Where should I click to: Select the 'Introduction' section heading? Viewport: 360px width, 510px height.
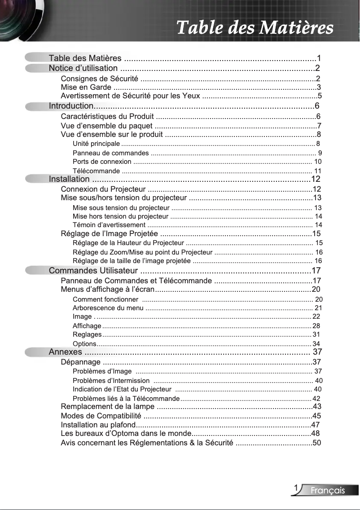(71, 106)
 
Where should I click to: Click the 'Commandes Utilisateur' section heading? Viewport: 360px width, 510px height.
(93, 271)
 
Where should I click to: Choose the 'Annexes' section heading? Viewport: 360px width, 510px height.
(66, 352)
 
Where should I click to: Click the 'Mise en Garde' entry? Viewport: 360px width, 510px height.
(86, 87)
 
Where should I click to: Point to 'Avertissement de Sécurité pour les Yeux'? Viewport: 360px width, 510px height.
(130, 96)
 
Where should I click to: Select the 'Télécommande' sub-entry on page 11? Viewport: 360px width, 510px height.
(96, 171)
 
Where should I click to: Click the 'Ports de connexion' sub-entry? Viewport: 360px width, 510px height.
(102, 162)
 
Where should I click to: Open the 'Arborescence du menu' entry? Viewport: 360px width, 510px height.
(108, 308)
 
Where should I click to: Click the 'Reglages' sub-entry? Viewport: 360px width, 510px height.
(87, 334)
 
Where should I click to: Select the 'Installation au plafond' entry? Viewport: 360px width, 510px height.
(98, 425)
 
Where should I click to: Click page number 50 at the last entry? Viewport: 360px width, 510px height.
(316, 443)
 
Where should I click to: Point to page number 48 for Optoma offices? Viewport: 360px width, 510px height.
(316, 434)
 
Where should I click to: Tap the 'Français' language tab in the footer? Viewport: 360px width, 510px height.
(328, 490)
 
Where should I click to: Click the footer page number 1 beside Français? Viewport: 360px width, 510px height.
(296, 488)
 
